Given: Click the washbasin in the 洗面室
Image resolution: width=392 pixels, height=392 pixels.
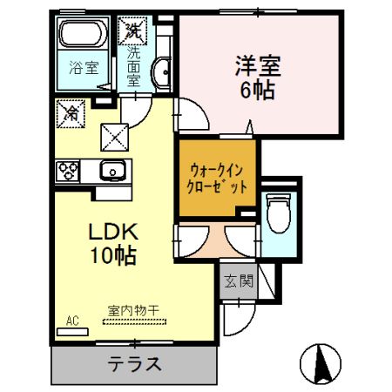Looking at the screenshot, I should click(x=160, y=75).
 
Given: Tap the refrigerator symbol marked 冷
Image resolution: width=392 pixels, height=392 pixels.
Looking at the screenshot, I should click(x=71, y=112).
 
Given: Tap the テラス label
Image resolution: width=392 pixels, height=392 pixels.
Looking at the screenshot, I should click(x=134, y=363).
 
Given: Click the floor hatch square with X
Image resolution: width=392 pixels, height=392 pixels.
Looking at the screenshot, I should click(x=115, y=135).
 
